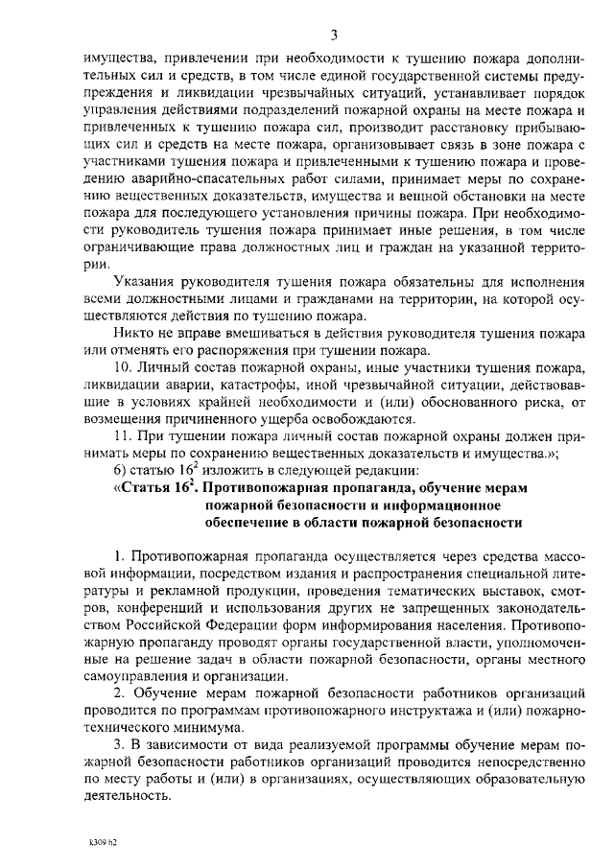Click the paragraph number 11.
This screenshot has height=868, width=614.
pos(121,435)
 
